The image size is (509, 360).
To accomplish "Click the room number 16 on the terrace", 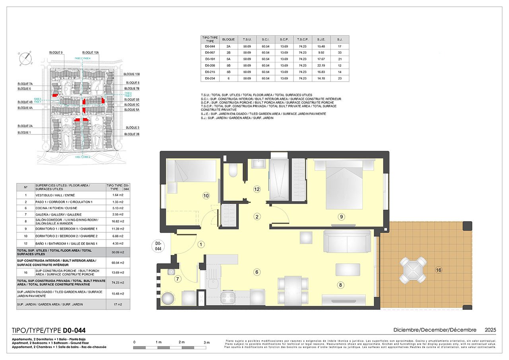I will (439, 270).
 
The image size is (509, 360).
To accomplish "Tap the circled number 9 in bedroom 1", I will (341, 217).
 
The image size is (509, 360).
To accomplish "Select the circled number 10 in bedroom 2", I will (206, 195).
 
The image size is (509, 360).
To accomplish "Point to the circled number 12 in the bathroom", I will (257, 189).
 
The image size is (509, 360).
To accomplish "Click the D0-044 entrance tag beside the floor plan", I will (158, 246).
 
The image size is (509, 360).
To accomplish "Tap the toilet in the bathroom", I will (233, 170).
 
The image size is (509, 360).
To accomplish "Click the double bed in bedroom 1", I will (344, 184).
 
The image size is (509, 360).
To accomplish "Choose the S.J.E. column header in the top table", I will (321, 39).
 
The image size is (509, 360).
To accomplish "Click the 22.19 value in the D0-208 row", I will (321, 65).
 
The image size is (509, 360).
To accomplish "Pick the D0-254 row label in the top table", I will (210, 78).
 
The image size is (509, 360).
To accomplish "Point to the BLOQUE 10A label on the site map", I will (91, 53).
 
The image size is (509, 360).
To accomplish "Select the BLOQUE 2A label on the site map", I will (25, 126).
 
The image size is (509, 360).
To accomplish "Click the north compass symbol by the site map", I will (25, 58).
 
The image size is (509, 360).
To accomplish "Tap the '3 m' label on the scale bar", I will (206, 342).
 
